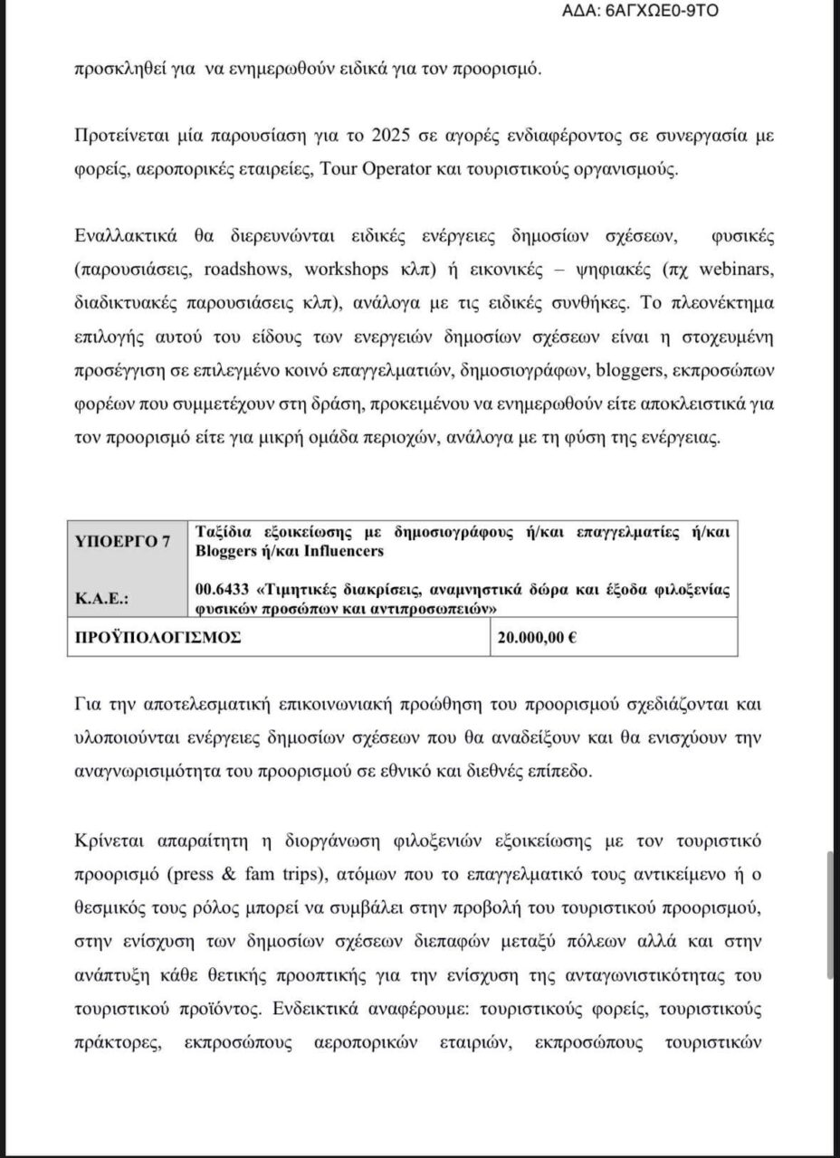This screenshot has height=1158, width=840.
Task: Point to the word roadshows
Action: pyautogui.click(x=243, y=271)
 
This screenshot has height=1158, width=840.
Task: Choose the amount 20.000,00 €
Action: pyautogui.click(x=538, y=637)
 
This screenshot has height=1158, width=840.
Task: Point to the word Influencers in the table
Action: pyautogui.click(x=339, y=550)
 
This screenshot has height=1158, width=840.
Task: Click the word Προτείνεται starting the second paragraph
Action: pyautogui.click(x=117, y=138)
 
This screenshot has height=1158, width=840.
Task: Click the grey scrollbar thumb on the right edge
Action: pyautogui.click(x=831, y=915)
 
